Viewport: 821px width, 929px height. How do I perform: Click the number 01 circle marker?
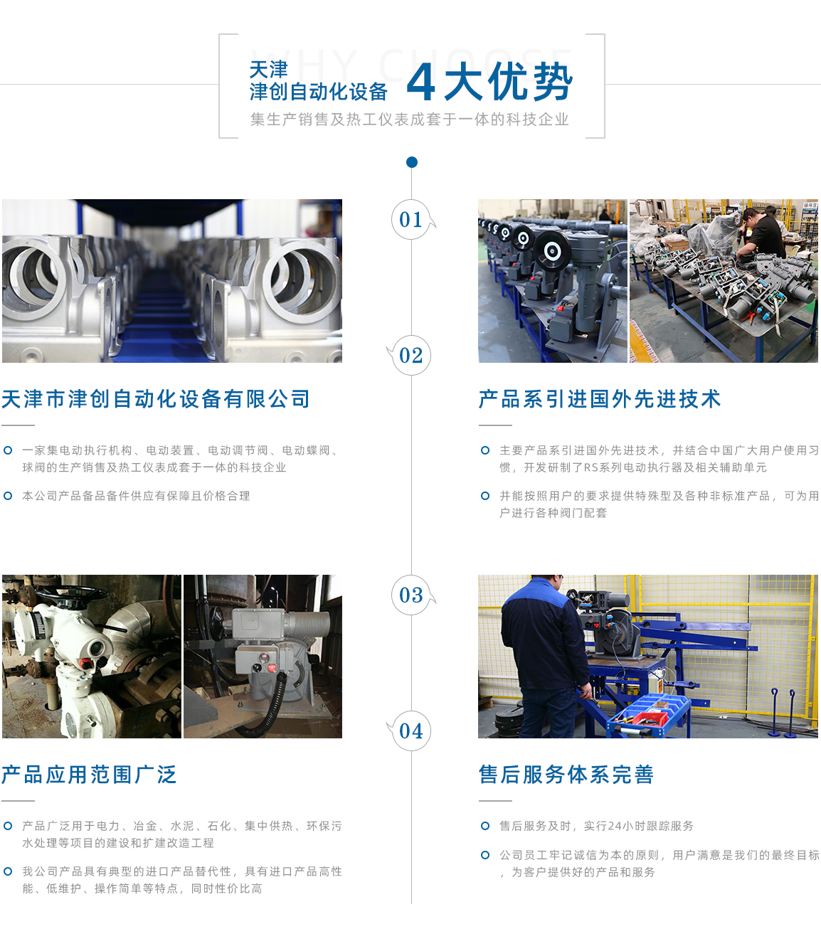click(x=411, y=220)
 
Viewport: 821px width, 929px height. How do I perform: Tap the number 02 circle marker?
click(x=411, y=355)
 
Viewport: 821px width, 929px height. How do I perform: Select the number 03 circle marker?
click(x=411, y=595)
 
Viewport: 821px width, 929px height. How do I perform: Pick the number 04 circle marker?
click(x=411, y=731)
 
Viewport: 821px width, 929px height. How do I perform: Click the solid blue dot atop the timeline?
click(x=411, y=162)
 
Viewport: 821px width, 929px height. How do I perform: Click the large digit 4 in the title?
click(x=420, y=83)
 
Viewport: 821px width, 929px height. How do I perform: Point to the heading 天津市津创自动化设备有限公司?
click(x=156, y=399)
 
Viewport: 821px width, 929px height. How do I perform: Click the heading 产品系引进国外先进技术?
click(x=600, y=399)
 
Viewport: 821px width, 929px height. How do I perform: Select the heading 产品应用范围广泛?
click(x=89, y=775)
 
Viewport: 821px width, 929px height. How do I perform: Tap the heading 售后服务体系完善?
click(x=566, y=775)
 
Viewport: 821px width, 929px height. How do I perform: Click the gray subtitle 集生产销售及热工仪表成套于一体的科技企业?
click(x=410, y=120)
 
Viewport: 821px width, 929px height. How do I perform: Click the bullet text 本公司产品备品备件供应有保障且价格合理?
click(x=136, y=496)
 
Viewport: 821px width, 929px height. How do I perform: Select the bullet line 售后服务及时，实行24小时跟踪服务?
click(x=596, y=826)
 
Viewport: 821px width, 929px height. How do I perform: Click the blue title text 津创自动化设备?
click(x=318, y=92)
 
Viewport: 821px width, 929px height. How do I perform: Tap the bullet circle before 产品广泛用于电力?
click(x=8, y=826)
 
